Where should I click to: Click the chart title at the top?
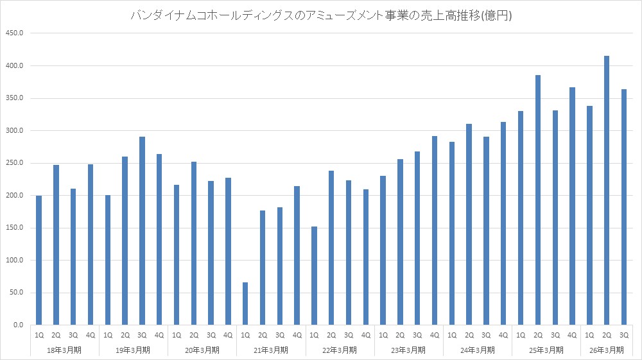click(x=321, y=15)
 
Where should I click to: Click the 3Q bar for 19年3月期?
click(x=142, y=231)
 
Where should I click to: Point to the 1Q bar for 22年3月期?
click(x=314, y=276)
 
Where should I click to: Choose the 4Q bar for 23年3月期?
click(x=435, y=230)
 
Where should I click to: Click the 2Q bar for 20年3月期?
click(x=194, y=243)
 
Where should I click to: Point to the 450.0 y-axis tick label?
click(x=13, y=33)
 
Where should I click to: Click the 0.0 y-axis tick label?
click(x=18, y=325)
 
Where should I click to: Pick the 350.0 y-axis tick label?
click(x=13, y=98)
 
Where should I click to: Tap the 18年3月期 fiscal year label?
click(x=64, y=350)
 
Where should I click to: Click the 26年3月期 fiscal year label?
click(x=607, y=350)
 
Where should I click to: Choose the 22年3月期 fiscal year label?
click(x=340, y=350)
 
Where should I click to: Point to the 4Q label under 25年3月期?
click(x=572, y=335)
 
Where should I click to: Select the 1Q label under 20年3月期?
click(x=177, y=335)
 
